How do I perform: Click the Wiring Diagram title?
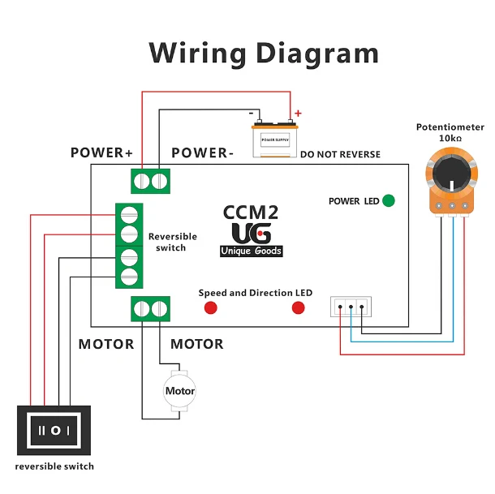[264, 54]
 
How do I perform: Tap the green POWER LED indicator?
[389, 200]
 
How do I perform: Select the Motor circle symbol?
[180, 390]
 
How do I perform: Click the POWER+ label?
[101, 152]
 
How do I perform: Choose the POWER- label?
[203, 152]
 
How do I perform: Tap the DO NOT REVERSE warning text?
[340, 154]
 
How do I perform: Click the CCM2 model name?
[251, 213]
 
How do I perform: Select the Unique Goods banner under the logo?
[252, 251]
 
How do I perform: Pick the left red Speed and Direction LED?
[211, 307]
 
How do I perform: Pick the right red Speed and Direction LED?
[298, 307]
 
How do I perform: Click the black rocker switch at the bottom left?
[56, 429]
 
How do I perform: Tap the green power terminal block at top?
[152, 180]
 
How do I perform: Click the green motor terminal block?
[152, 309]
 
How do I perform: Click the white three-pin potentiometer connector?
[351, 307]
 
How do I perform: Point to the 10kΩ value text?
[450, 139]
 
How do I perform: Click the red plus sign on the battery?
[298, 114]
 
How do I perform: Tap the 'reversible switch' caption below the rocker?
[54, 466]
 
